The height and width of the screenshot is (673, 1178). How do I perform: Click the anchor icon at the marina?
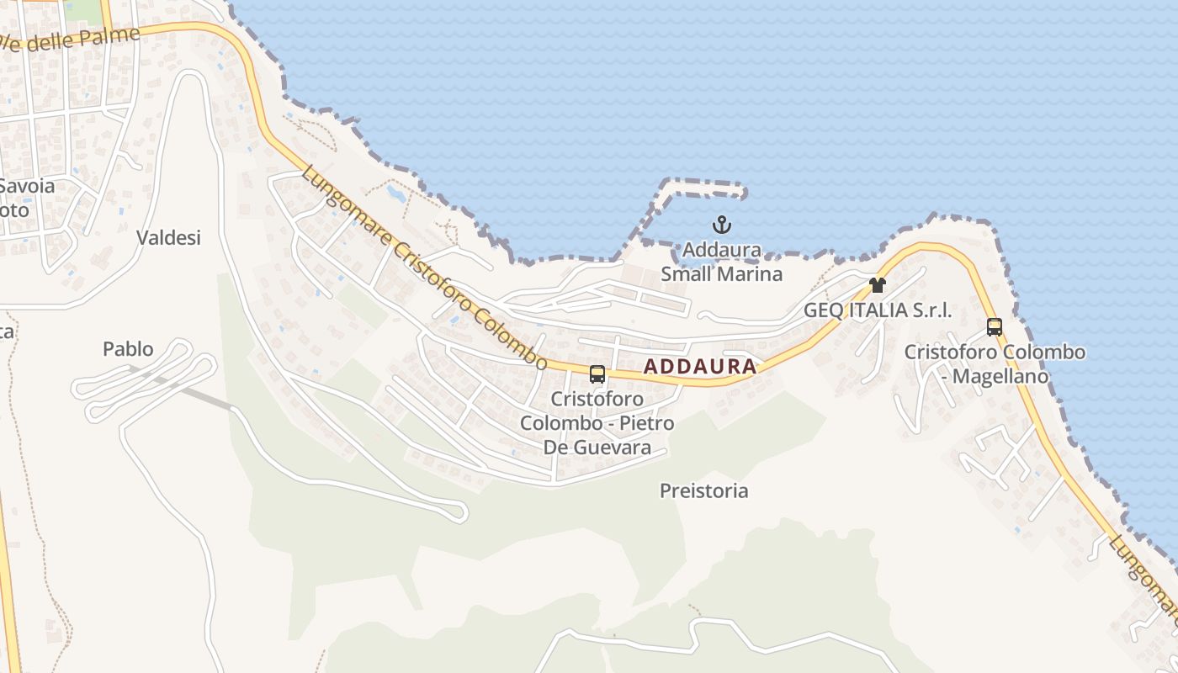coord(721,225)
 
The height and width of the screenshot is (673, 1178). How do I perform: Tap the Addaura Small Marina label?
coord(721,262)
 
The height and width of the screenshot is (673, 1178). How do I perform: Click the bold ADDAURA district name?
coord(700,367)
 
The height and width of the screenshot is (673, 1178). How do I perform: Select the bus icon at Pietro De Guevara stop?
coord(597,374)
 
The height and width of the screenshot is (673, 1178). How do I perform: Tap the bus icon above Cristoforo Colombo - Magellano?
coord(995,326)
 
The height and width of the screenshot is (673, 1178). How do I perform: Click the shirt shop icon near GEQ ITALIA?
coord(878,284)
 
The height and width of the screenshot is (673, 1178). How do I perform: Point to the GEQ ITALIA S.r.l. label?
coord(878,310)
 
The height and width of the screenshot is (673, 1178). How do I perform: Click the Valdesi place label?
coord(169,238)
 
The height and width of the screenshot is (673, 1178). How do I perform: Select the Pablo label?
coord(128,348)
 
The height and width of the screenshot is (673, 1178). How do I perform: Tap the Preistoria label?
coord(703,490)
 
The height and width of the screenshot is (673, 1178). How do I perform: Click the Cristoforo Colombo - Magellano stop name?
coord(995,363)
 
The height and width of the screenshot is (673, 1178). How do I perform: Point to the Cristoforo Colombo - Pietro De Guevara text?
coord(597,422)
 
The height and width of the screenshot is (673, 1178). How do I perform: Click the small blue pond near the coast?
coord(395,194)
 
